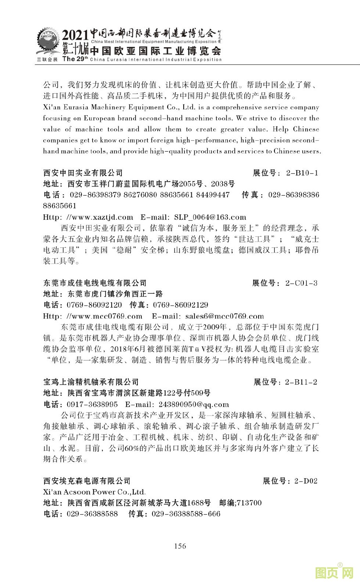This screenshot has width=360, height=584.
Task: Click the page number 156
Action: click(x=180, y=546)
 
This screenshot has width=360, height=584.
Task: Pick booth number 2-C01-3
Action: click(x=301, y=283)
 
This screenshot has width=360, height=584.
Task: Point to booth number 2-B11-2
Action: click(x=301, y=382)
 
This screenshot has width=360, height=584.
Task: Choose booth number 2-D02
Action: click(x=306, y=481)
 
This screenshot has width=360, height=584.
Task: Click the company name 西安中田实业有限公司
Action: click(x=83, y=173)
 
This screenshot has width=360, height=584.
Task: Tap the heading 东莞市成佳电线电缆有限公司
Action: click(x=95, y=283)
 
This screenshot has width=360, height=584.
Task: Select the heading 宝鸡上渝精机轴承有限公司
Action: click(x=91, y=382)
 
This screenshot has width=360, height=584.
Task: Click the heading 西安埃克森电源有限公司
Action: click(x=87, y=481)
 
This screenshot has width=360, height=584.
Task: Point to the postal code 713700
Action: click(x=249, y=503)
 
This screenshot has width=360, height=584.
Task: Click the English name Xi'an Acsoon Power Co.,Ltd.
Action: click(x=94, y=492)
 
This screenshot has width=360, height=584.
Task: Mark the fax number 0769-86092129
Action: click(x=180, y=305)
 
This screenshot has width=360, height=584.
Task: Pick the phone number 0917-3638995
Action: click(x=92, y=405)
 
